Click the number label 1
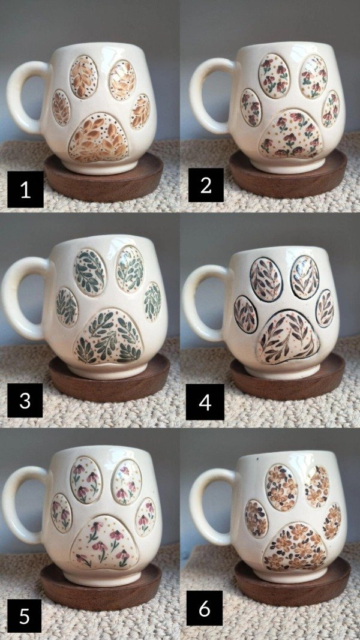(x=25, y=190)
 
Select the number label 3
(x=25, y=400)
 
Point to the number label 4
(x=205, y=402)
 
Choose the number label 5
(x=25, y=616)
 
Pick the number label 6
(x=205, y=609)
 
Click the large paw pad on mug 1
(x=98, y=137)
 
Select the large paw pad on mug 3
(x=108, y=336)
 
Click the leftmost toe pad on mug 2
(x=251, y=107)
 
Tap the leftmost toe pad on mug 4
(x=246, y=314)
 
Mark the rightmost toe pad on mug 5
(x=145, y=516)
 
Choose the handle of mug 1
(x=25, y=98)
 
